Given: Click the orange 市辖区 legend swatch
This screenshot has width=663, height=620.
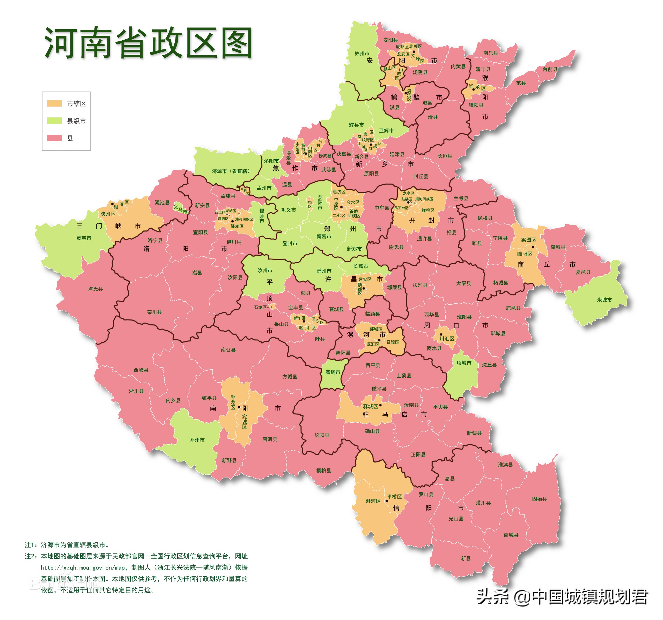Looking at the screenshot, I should coord(54,104).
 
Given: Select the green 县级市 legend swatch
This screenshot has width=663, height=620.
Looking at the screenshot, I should coord(54,121).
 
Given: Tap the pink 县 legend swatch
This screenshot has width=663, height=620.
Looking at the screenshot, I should coord(54,138).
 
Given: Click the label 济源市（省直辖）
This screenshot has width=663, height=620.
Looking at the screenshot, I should coord(231,171).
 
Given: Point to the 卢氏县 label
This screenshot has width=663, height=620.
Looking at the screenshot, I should coord(95,289).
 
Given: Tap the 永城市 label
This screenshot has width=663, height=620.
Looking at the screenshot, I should coord(604,300).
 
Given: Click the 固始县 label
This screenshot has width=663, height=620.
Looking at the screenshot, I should coord(539,499).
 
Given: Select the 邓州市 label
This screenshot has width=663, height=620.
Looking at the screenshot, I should coord(197,440).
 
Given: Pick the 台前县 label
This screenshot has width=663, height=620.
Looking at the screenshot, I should coord(550,69).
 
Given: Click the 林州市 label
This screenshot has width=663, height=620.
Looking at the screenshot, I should coord(362,53).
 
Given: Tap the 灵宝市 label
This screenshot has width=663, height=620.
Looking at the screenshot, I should coord(84,238).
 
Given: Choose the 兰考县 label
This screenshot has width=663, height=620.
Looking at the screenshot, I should coord(461,198).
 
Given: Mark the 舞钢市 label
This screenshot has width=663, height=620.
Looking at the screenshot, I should coord(333,372).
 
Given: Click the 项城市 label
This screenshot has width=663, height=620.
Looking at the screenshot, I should coord(464,363).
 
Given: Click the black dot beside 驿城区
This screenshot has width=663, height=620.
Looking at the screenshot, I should coord(380,405).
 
